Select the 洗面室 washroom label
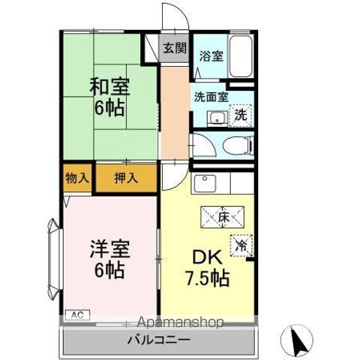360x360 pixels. click(211, 97)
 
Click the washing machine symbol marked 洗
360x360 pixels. click(240, 115)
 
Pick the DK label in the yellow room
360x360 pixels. click(209, 256)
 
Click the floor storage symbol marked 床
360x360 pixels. click(223, 217)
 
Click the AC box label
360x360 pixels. click(76, 316)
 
